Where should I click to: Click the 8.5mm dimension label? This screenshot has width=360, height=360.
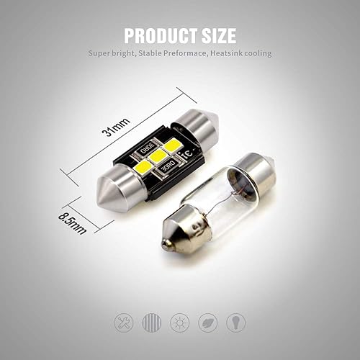click(x=75, y=218)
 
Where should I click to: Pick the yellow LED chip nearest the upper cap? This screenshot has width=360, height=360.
click(x=171, y=145)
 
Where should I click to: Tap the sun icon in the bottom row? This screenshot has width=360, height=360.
click(x=179, y=322)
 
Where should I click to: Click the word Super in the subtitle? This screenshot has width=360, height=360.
click(x=101, y=53)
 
